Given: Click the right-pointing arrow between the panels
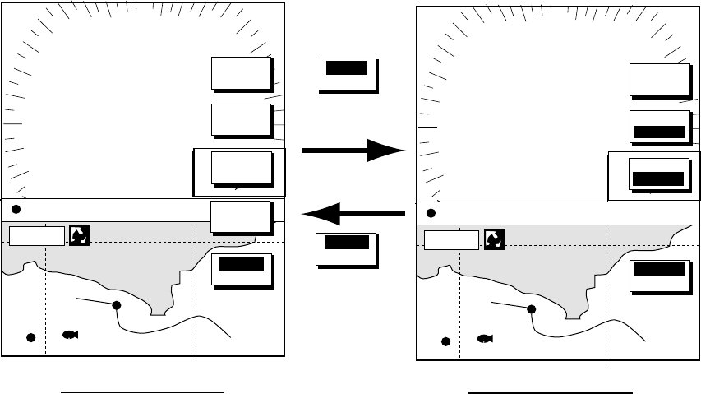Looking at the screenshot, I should coord(354,151).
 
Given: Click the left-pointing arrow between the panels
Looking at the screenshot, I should coord(354,215).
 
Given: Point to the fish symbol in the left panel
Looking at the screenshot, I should coord(70,335).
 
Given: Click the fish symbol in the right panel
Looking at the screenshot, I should coord(485,338).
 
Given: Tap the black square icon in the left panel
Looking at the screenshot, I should coord(79,235).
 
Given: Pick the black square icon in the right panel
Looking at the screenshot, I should coord(494,239).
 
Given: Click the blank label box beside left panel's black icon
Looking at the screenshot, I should coord(36,237).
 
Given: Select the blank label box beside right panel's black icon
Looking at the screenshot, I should coord(451,240).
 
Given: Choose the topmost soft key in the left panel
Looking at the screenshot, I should coord(241,73).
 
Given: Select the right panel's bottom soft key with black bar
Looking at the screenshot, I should coord(659,276).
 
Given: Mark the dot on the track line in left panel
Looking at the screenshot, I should coord(116,305).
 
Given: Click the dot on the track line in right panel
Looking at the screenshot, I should coord(531,309).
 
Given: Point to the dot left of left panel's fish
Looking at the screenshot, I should coord(31,338).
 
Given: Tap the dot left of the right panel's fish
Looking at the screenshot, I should coord(446,341).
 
